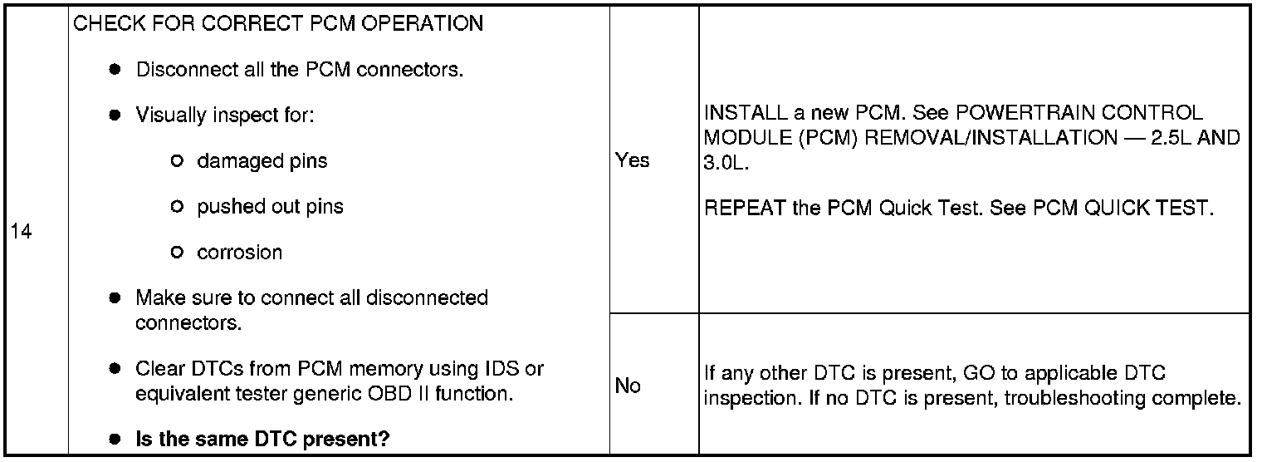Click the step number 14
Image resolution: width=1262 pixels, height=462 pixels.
pos(22,233)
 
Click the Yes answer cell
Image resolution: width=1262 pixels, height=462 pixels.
pos(633,160)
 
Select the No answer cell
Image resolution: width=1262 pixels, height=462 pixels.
pos(628,386)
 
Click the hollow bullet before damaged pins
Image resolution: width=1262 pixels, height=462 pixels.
pos(176,161)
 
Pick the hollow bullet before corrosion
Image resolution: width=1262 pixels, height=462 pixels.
pos(176,253)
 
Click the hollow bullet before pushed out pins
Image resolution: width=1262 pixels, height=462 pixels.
pos(176,207)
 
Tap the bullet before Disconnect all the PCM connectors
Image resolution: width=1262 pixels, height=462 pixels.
pos(115,70)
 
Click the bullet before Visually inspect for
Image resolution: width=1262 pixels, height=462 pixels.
pos(115,116)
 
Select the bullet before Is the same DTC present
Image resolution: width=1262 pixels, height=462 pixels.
pos(115,439)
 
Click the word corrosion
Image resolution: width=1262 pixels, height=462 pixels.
pos(239,253)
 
